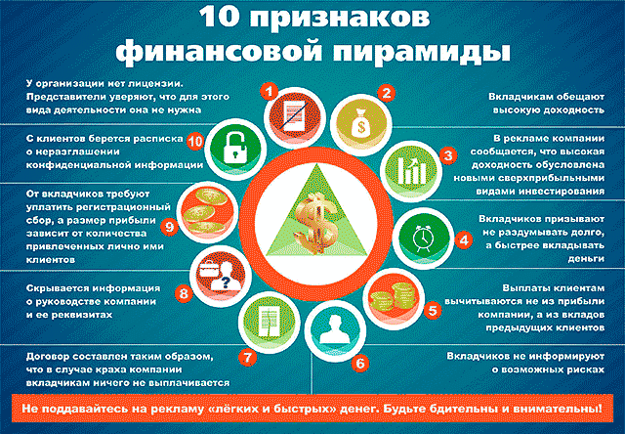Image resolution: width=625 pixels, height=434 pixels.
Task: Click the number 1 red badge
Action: click(x=270, y=92)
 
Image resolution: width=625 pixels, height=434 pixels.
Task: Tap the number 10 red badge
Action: click(x=195, y=141)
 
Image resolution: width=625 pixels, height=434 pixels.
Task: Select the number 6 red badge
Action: click(x=360, y=364)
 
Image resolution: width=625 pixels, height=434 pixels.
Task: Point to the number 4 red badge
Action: click(x=464, y=240)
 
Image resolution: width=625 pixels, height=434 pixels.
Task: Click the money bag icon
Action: click(x=361, y=122)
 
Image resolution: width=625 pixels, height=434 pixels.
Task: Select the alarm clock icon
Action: click(x=423, y=239)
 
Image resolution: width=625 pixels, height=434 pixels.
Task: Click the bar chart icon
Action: click(x=411, y=171)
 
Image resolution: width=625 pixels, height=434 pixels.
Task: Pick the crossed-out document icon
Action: click(x=294, y=115)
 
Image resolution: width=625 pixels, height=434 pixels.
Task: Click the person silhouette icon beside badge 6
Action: click(x=335, y=329)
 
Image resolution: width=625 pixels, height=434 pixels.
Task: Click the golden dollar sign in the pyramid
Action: click(x=316, y=223)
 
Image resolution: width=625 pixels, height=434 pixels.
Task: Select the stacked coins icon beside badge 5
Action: click(x=394, y=297)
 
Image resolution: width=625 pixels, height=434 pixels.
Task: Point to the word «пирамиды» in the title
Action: click(x=421, y=52)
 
